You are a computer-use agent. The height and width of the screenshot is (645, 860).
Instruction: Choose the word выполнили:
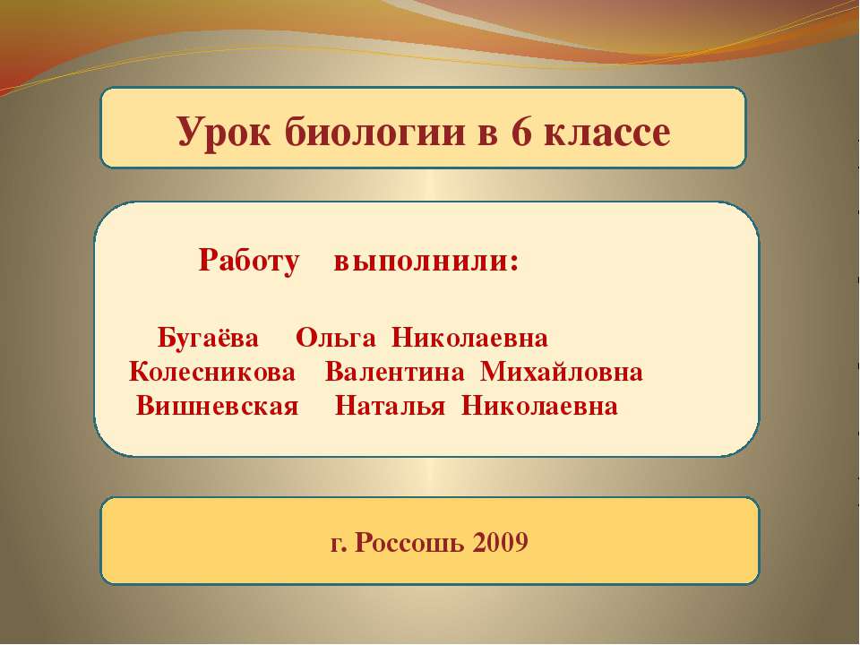(426, 262)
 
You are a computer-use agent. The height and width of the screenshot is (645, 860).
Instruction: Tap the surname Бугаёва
(208, 340)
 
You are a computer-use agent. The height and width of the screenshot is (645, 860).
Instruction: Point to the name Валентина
(394, 372)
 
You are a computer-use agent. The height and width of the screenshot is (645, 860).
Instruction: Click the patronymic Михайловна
(562, 372)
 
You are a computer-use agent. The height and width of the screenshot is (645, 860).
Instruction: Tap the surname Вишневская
(217, 406)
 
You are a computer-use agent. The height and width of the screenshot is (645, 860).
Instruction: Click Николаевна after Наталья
(539, 406)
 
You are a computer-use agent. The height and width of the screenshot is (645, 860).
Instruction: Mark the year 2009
(497, 542)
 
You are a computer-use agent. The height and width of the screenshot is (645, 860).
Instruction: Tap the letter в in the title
(484, 133)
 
